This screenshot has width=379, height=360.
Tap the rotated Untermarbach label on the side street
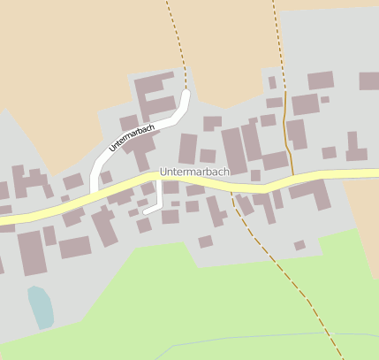pos(133,139)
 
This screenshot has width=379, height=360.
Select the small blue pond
pos(40,307)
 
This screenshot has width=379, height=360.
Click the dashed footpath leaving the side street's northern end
pos(176,44)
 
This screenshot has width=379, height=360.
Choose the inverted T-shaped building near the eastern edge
pos(355,149)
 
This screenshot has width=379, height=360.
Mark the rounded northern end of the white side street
pos(186,93)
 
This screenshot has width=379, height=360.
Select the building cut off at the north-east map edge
pos(369,80)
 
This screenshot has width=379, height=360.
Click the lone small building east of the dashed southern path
pos(299,245)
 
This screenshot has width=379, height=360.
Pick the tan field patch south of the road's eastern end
pos(362,212)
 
